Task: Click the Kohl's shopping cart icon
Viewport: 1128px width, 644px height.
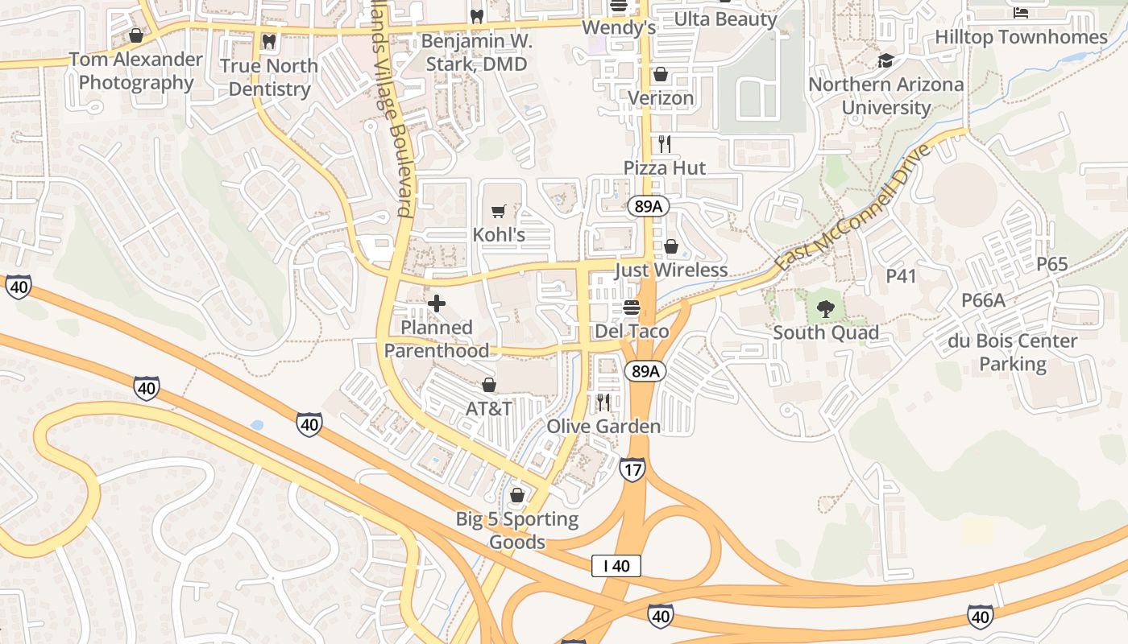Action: [x=499, y=212]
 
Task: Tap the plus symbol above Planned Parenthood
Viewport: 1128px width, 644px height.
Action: [x=437, y=303]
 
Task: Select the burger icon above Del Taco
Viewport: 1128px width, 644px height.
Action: [x=632, y=308]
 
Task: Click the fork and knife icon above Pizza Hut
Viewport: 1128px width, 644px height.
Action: [x=665, y=144]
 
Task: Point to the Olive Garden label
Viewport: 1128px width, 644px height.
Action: [x=603, y=427]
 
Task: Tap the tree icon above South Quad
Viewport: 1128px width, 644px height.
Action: [x=825, y=308]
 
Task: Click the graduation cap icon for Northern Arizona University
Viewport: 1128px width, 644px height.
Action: [x=885, y=60]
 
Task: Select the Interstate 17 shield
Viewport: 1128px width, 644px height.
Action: [x=632, y=469]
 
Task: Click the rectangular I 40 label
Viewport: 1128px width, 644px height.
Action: [x=616, y=566]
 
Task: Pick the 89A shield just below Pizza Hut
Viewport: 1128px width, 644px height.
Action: [x=647, y=207]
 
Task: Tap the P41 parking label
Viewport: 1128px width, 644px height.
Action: [x=902, y=276]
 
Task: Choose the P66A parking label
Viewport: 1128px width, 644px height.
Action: [x=983, y=300]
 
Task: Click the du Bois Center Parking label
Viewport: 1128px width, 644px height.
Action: [x=1012, y=353]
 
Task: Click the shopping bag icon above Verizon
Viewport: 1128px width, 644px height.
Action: [x=661, y=75]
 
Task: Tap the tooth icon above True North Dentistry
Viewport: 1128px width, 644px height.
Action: [x=269, y=40]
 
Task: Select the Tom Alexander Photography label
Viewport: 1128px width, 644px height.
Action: [x=136, y=71]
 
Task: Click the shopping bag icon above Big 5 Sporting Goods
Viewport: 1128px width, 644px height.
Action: [x=517, y=495]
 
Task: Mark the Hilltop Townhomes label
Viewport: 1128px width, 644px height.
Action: [x=1021, y=37]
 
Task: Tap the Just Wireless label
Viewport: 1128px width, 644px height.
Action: [x=671, y=270]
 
